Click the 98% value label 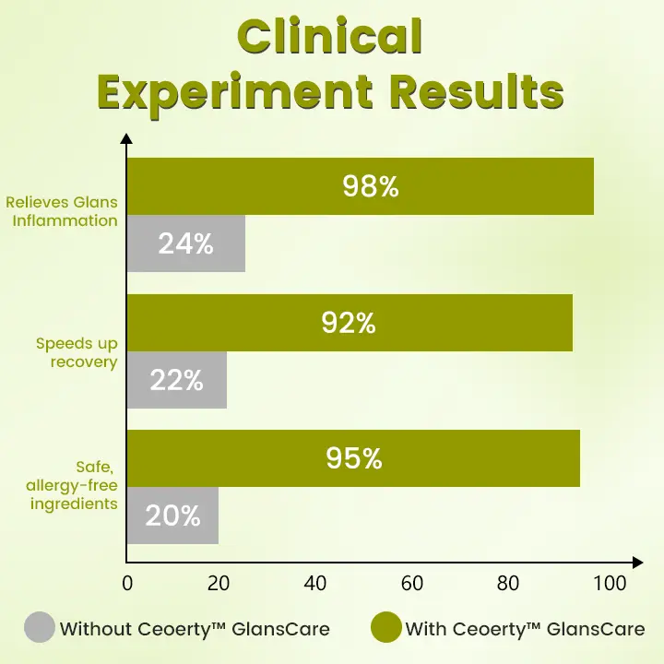coord(370,186)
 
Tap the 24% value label coord(185,244)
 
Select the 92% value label coord(349,323)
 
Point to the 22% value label coord(176,380)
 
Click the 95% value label coord(353,458)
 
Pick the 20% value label coord(172,516)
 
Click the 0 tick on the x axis coord(127,584)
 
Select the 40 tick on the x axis coord(316,584)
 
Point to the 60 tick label coord(412,584)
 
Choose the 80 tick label coord(508,584)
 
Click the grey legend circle coord(39,628)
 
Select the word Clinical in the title coord(329,39)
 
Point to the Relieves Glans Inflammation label coord(61,211)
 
